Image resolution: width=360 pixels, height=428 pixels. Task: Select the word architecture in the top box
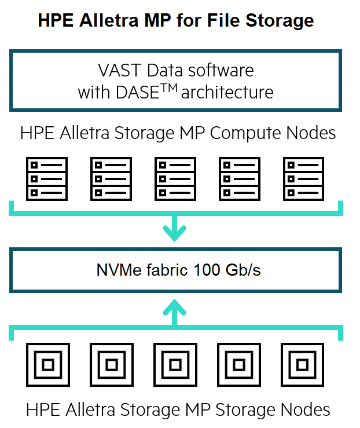tap(227, 92)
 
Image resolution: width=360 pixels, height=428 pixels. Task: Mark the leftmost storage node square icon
tap(48, 365)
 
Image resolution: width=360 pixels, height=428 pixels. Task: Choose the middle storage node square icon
tap(175, 365)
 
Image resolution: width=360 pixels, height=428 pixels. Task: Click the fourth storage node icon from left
tap(238, 365)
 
